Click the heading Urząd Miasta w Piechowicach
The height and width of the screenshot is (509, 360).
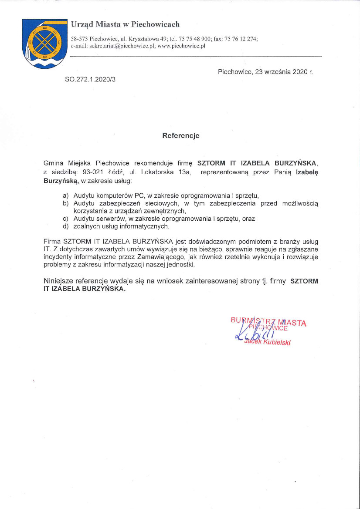click(x=125, y=24)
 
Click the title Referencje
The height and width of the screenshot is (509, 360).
click(x=180, y=135)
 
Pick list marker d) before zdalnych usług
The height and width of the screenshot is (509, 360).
click(x=66, y=226)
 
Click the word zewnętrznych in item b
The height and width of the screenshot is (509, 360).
click(x=161, y=211)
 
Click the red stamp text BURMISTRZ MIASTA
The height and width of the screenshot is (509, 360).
click(x=268, y=322)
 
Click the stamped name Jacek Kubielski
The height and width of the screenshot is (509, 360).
click(x=268, y=342)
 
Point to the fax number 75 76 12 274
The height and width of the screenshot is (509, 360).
click(x=241, y=39)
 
